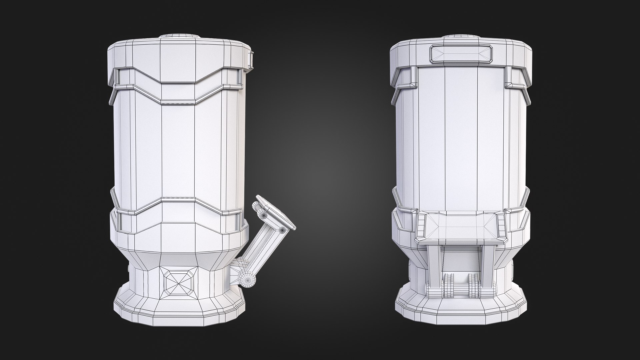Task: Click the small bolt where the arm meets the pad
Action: (282, 230)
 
